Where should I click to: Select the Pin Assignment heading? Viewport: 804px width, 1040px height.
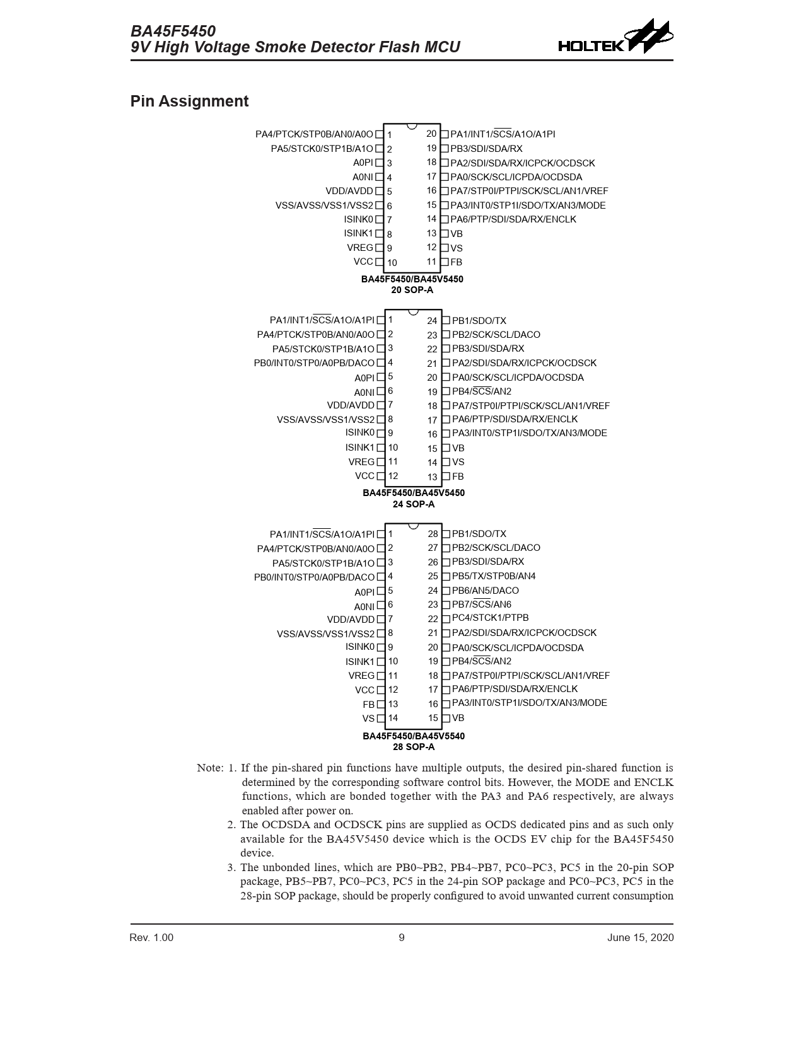click(189, 101)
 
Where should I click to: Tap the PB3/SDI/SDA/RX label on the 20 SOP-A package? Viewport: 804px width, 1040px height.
click(486, 149)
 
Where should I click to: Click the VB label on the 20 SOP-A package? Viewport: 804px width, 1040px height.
click(457, 234)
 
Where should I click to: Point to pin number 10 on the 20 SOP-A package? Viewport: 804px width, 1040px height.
click(392, 263)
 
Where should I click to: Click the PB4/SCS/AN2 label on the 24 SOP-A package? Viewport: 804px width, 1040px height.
click(482, 391)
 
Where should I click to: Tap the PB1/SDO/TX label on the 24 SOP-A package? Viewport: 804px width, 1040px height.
click(479, 321)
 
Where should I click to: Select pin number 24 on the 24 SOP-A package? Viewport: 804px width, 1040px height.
click(432, 321)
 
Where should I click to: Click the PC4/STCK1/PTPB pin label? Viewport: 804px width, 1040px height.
click(490, 618)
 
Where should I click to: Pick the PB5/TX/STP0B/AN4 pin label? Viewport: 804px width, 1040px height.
click(494, 576)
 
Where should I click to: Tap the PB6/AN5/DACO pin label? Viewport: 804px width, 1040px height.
click(485, 591)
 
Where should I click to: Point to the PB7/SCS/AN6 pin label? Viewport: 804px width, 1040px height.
click(482, 604)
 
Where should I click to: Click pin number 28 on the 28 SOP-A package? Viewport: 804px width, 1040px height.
click(433, 534)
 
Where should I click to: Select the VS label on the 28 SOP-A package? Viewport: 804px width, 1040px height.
click(368, 719)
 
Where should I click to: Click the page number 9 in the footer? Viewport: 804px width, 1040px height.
click(402, 937)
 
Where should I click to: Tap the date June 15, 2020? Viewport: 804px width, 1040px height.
click(640, 937)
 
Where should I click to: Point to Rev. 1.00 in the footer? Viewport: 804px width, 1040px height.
click(151, 937)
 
